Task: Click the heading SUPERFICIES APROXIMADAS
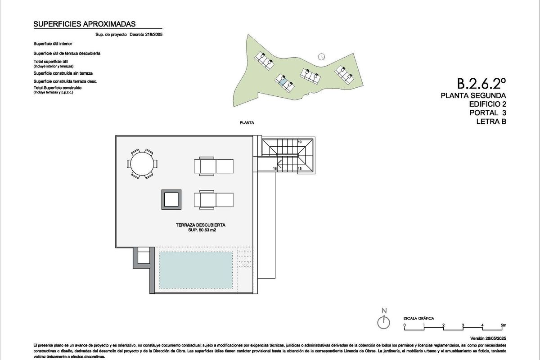85,24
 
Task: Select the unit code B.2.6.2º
481,83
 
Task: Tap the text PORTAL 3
488,112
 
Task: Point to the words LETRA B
491,121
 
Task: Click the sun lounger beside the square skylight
214,199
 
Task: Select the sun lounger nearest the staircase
214,166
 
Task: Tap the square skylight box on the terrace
171,199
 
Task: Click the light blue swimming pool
196,270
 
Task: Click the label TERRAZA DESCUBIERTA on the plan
201,225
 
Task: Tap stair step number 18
275,169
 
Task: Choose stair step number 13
299,169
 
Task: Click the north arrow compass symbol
384,322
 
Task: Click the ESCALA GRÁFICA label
418,318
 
